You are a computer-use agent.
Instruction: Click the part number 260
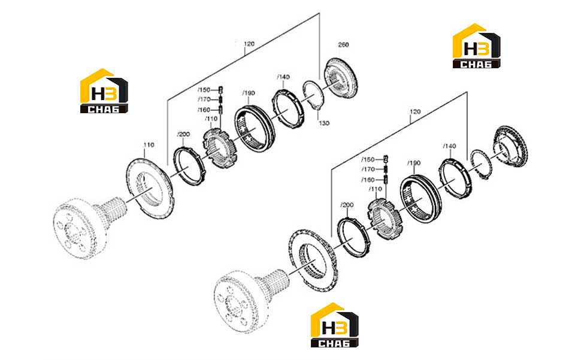coord(343,45)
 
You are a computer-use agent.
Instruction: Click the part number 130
coord(324,123)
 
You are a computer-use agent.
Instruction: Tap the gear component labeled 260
coord(341,77)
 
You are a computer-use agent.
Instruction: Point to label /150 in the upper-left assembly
coord(204,90)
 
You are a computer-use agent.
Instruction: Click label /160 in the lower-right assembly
coord(368,180)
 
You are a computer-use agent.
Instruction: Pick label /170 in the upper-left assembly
coord(204,99)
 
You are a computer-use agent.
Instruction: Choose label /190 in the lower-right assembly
coord(414,163)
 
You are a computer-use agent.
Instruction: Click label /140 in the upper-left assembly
coord(283,77)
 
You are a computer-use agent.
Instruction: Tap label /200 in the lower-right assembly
coord(347,205)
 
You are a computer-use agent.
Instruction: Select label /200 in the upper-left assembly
coord(183,134)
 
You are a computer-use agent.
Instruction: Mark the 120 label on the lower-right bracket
coord(415,111)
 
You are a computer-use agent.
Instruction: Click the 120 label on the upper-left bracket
coord(249,44)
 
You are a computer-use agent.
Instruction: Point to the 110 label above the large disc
coord(149,145)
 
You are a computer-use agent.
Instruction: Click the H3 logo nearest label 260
coord(477,46)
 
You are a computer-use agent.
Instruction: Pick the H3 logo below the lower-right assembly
coord(334,325)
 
